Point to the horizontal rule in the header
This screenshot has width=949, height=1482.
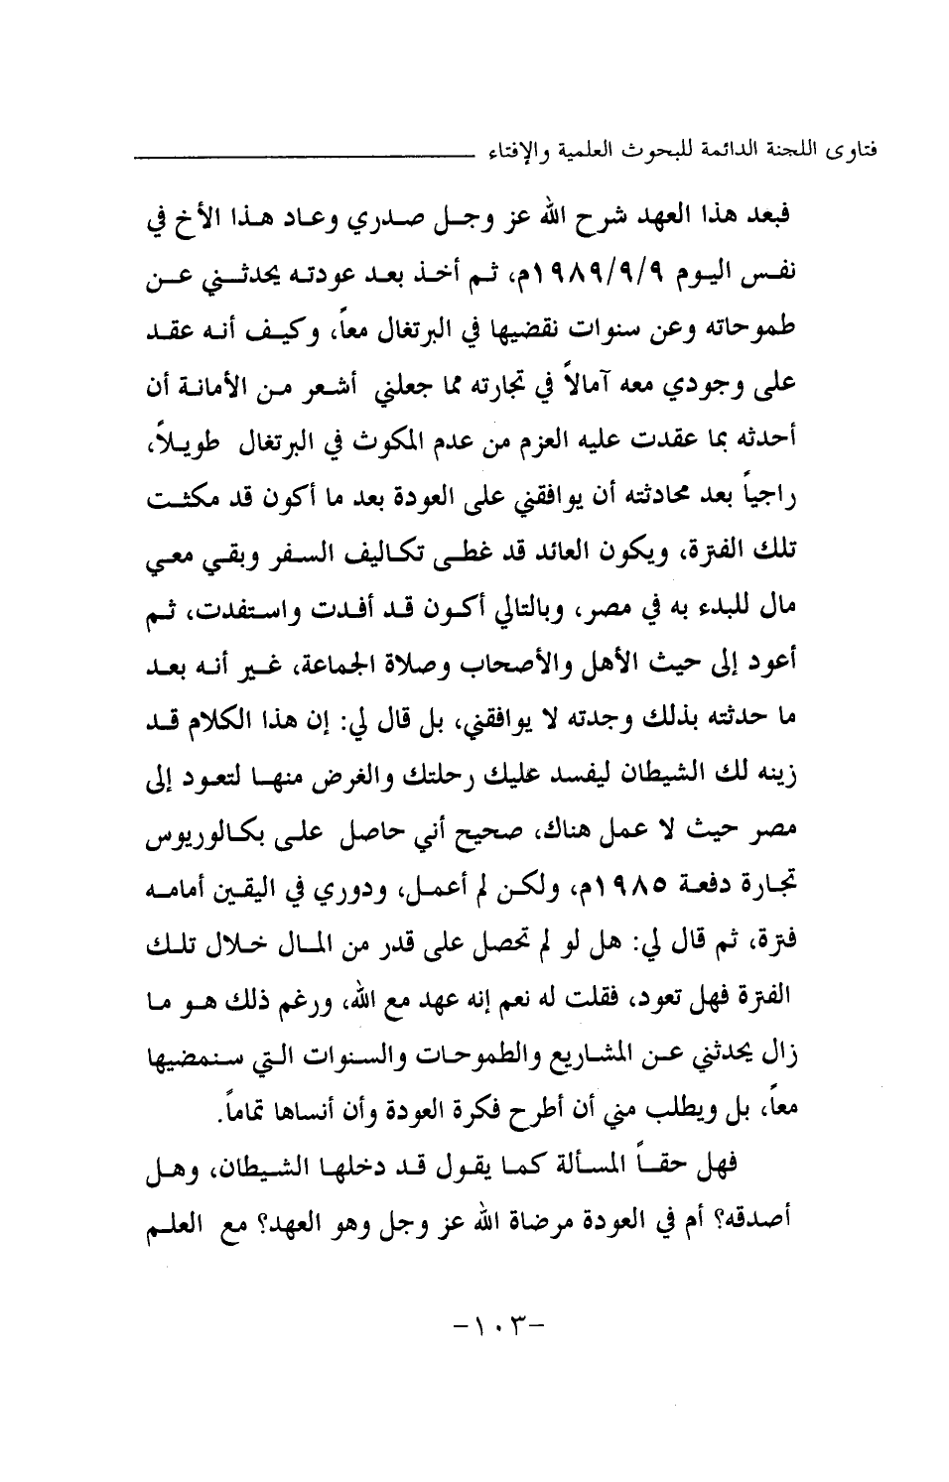point(298,156)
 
